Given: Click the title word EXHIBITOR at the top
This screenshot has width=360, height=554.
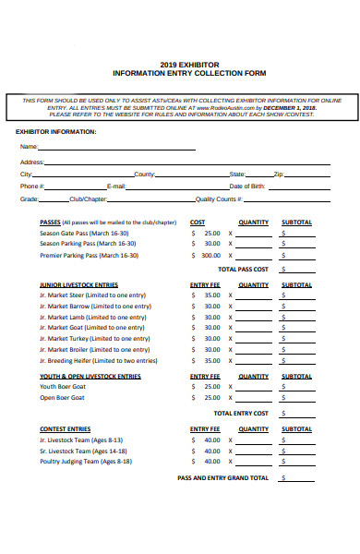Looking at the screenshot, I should point(200,64).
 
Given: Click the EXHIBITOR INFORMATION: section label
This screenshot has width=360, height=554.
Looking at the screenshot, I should point(55,132).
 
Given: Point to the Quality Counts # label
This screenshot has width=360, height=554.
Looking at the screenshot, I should point(219,199).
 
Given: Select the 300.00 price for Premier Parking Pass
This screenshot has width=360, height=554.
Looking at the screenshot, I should point(210,256).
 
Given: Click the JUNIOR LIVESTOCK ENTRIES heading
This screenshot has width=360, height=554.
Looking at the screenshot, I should point(78,285).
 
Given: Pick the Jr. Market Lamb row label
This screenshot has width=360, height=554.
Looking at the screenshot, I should point(92,317).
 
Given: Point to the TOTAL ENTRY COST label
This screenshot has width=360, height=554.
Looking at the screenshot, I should point(241,413).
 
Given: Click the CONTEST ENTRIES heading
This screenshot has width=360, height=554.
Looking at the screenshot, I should point(65,429).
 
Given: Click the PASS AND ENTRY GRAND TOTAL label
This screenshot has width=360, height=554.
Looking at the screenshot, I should point(222,478).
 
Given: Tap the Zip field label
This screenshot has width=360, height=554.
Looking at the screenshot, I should point(279,174).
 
